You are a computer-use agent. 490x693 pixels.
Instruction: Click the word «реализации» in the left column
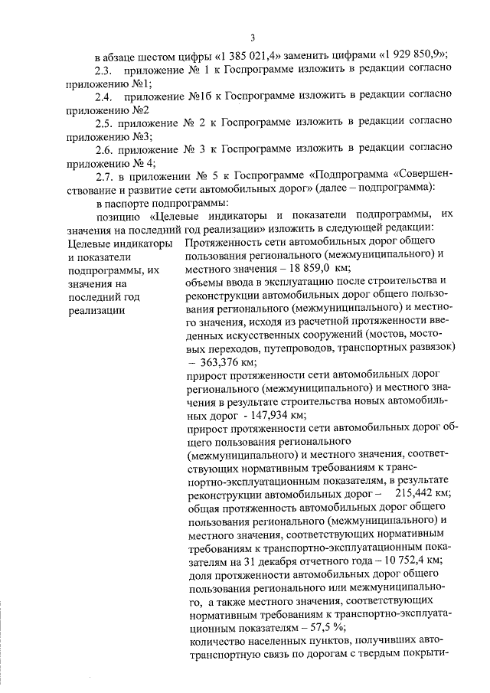(x=95, y=310)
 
